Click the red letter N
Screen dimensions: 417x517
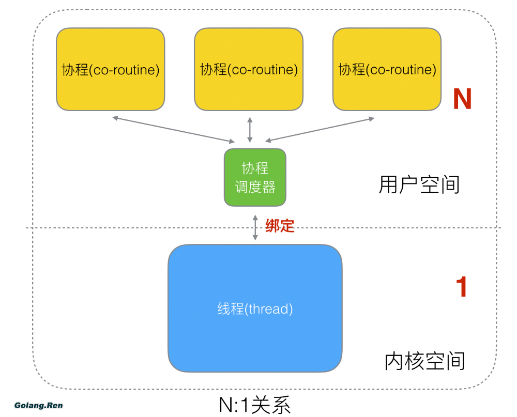(x=462, y=99)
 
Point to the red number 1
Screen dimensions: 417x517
(x=461, y=287)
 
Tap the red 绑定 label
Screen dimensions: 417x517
(x=280, y=226)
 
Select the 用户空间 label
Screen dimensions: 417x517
(x=419, y=184)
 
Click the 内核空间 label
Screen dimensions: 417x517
(x=424, y=361)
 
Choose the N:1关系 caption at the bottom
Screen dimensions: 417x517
(x=255, y=405)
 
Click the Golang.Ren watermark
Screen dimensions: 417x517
(x=39, y=405)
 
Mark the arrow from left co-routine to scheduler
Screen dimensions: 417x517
(x=173, y=129)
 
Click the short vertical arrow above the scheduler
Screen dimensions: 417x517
(x=250, y=130)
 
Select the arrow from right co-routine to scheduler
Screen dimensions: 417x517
(x=320, y=129)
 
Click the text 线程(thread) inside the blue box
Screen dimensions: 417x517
(x=255, y=309)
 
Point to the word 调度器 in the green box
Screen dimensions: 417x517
(x=255, y=187)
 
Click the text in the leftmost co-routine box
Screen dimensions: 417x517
(x=110, y=69)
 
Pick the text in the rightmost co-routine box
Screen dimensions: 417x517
(x=387, y=69)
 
